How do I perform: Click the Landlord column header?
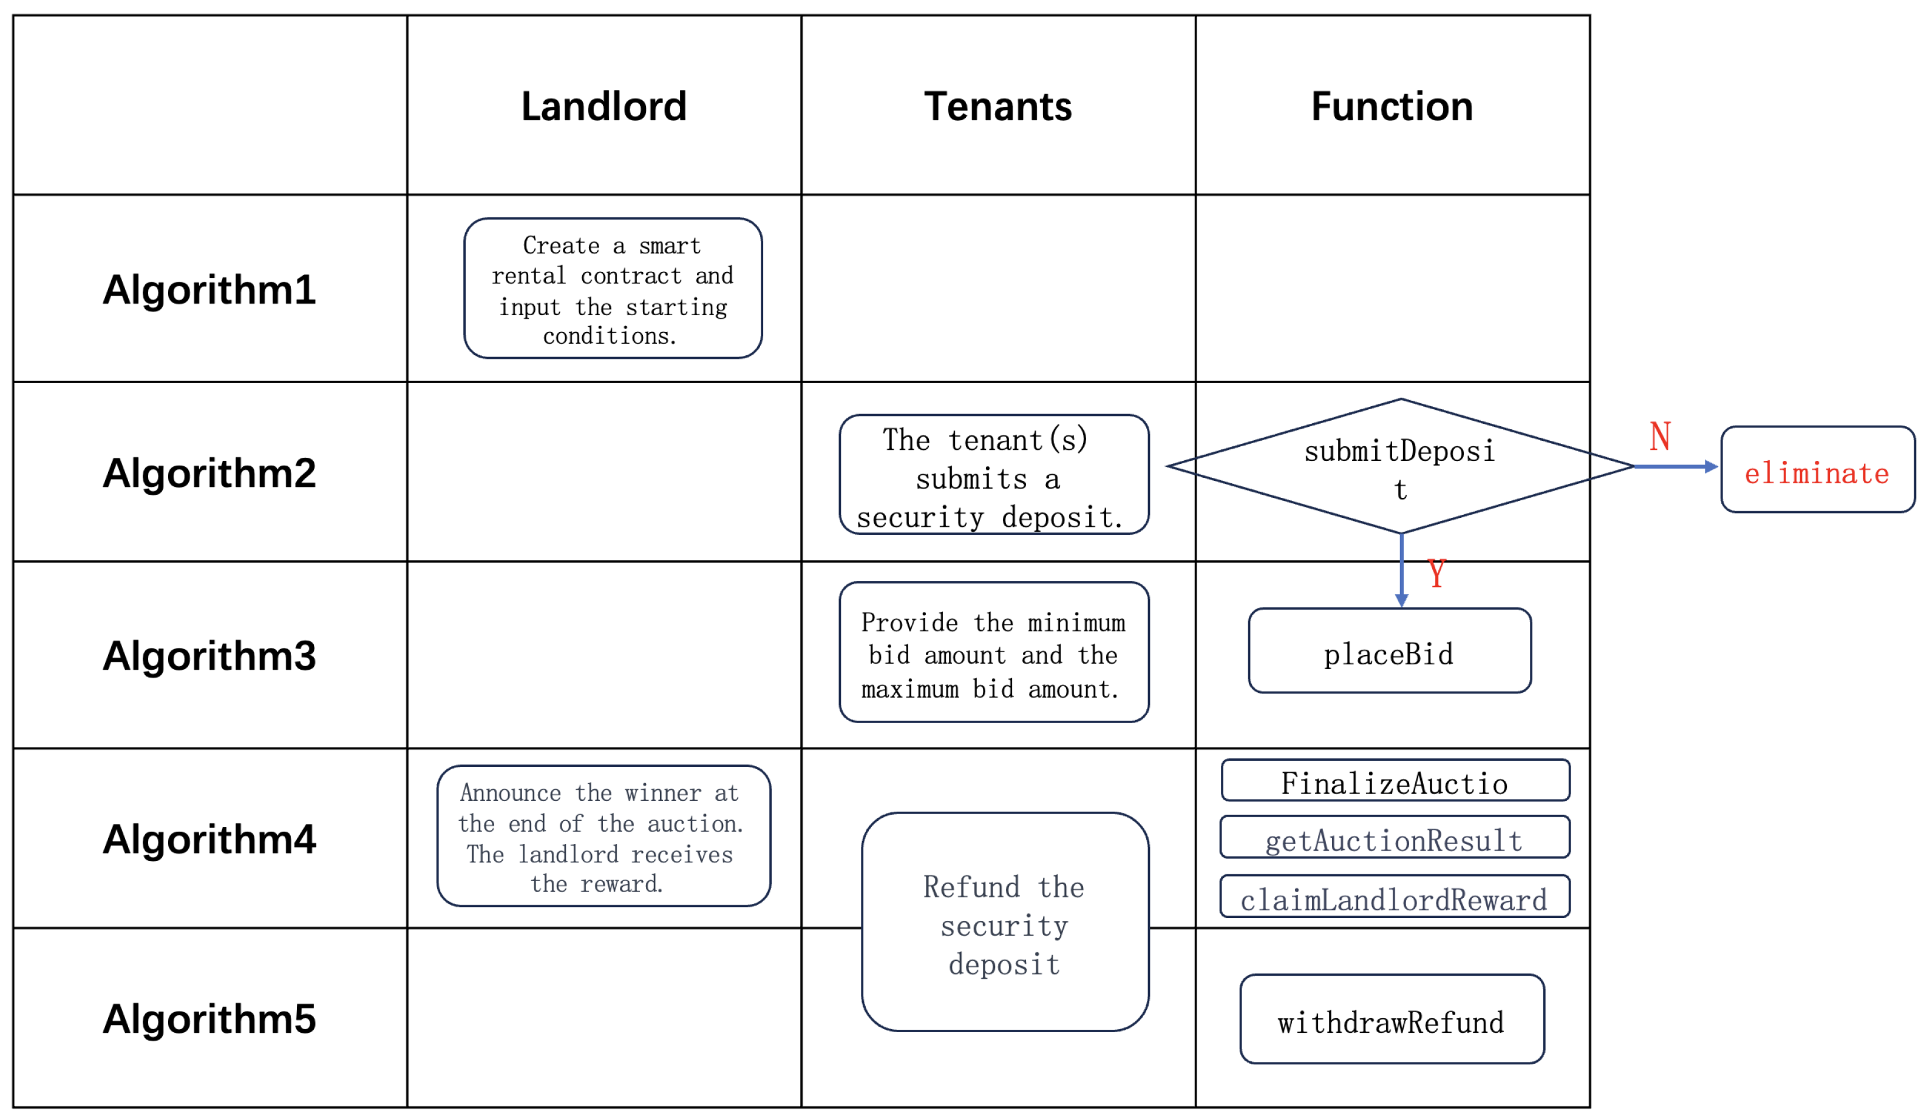point(603,106)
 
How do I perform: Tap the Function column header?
point(1391,106)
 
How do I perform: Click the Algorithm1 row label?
point(209,289)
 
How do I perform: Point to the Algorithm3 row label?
point(209,656)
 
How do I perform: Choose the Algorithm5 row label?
point(209,1019)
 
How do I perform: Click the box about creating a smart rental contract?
point(613,288)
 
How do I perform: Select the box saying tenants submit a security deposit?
point(993,474)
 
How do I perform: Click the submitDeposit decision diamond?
point(1399,466)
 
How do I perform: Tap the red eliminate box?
point(1817,469)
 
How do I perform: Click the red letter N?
point(1659,437)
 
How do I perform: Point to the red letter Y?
point(1436,574)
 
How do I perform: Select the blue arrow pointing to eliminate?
point(1674,466)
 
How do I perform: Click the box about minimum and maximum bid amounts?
point(993,653)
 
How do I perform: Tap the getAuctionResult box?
point(1394,837)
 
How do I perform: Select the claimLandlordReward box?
point(1394,896)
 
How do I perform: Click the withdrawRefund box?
point(1391,1019)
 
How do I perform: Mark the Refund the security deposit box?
point(1004,922)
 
